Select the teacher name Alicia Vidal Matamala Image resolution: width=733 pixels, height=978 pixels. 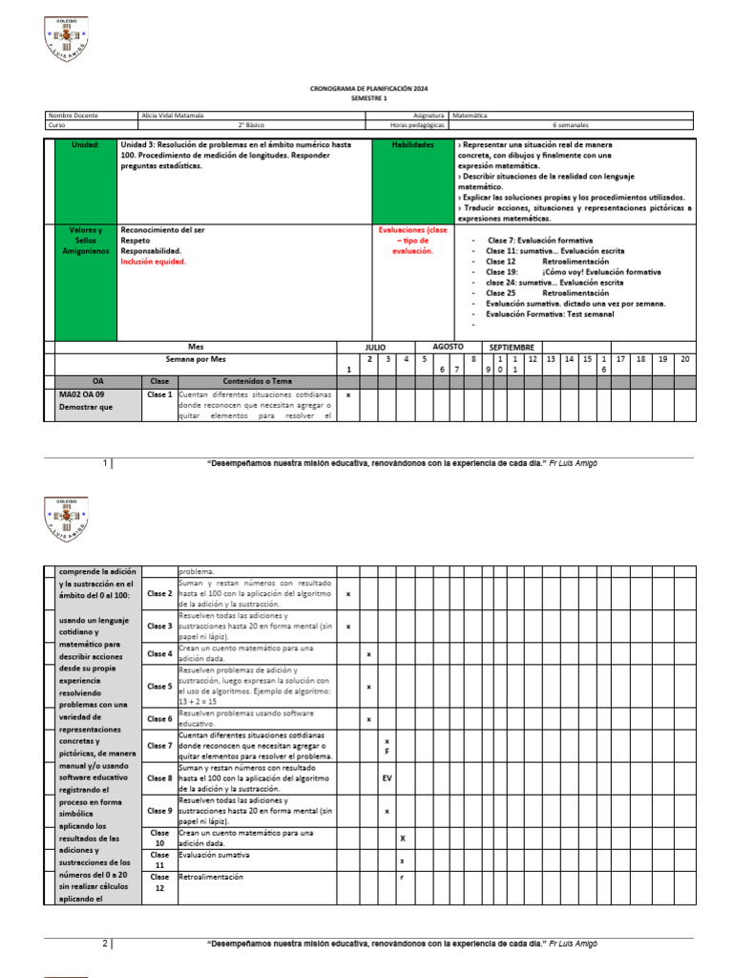point(172,116)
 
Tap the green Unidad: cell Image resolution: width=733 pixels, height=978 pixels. point(85,144)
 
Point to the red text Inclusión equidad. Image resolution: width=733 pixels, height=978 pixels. point(154,262)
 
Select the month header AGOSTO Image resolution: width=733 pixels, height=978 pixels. point(448,347)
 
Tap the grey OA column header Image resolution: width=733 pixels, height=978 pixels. point(97,380)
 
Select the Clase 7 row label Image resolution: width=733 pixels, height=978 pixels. point(159,746)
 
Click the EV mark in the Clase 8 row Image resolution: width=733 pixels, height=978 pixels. point(387,778)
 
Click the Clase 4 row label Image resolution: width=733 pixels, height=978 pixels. point(159,654)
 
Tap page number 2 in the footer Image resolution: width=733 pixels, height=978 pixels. point(106,944)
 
